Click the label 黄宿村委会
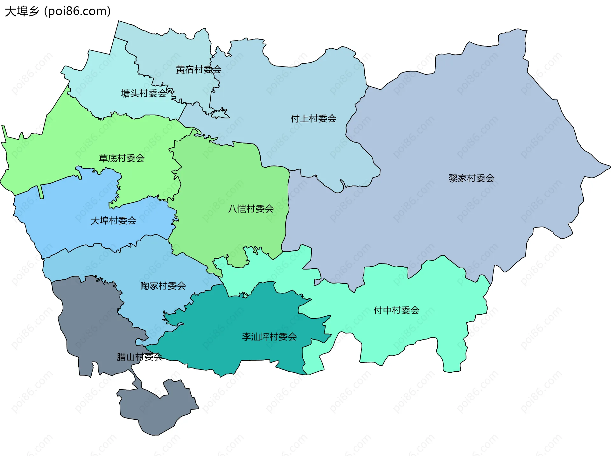(x=199, y=69)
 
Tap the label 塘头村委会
(x=144, y=93)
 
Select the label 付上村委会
(x=313, y=119)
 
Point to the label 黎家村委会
(x=471, y=178)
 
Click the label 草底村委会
(x=122, y=158)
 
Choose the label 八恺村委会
(x=251, y=209)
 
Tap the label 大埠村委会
(x=113, y=221)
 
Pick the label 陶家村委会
(x=163, y=286)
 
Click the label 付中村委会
(x=396, y=310)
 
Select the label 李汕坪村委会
(x=269, y=337)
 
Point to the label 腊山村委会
(x=139, y=357)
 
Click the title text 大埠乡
(x=22, y=11)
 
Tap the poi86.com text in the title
(x=77, y=11)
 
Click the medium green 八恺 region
(x=229, y=178)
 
